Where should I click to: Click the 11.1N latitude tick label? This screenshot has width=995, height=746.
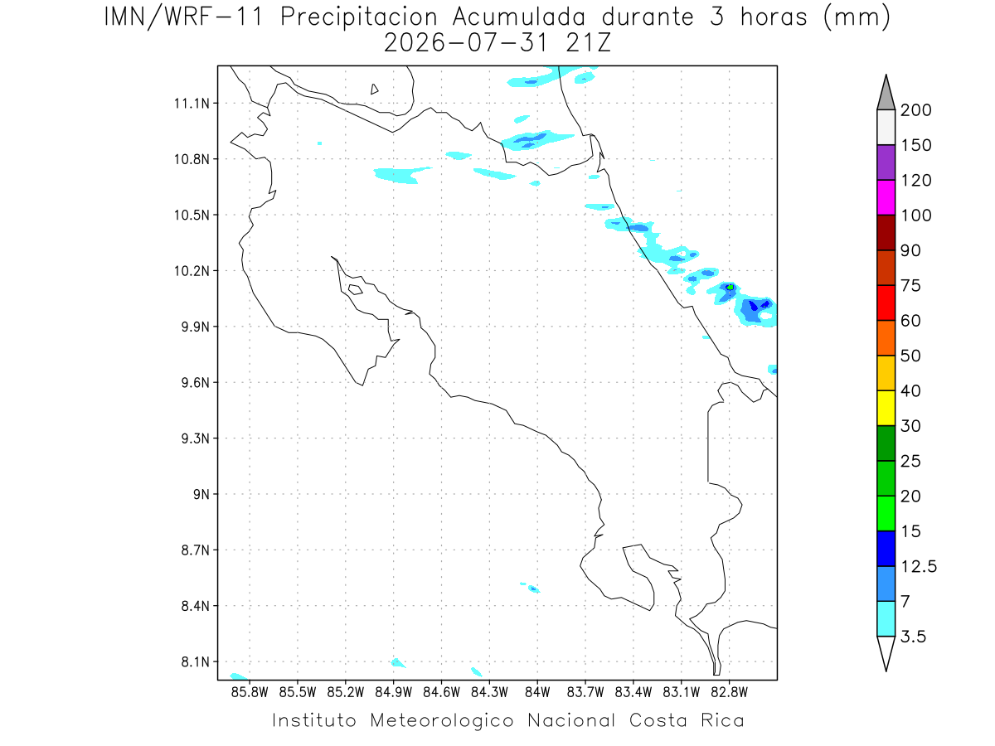(x=192, y=104)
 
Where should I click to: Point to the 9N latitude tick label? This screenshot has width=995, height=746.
(x=201, y=494)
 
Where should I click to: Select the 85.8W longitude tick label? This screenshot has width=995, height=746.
(x=250, y=692)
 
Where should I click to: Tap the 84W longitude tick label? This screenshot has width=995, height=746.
(x=537, y=692)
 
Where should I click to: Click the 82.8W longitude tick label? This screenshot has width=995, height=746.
(x=729, y=692)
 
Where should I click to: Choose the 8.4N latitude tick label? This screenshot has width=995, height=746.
(x=196, y=606)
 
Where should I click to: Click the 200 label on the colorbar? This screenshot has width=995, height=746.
(x=915, y=110)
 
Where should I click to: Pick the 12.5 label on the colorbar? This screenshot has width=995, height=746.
(x=919, y=567)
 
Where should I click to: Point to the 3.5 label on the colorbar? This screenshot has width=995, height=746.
(x=913, y=637)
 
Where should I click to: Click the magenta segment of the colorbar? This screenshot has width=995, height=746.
(x=886, y=197)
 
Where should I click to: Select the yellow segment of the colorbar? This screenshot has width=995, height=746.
(x=886, y=408)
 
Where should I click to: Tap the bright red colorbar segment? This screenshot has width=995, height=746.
(x=886, y=303)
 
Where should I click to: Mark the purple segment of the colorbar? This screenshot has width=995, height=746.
(x=886, y=162)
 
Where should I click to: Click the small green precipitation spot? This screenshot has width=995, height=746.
(x=730, y=287)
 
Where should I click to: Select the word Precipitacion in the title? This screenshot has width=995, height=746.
(x=359, y=17)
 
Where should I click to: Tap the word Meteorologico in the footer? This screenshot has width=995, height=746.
(x=441, y=720)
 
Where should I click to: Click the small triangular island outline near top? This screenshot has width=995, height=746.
(x=374, y=89)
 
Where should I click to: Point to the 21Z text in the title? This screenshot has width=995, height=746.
(x=589, y=43)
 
